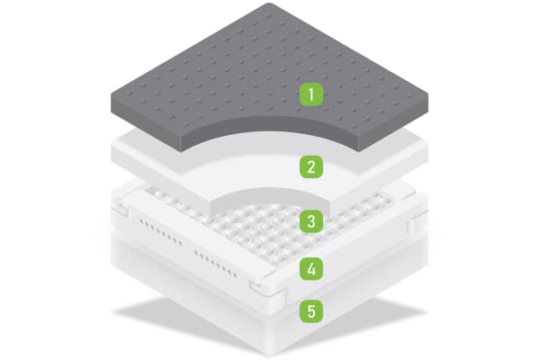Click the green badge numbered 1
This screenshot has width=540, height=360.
(311, 94)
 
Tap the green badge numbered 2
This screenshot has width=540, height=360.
(311, 166)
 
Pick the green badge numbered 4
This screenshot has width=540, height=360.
(311, 267)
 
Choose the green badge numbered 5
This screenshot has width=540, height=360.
(311, 311)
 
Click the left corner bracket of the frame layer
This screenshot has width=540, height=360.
(120, 212)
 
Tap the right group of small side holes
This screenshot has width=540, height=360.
(220, 260)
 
